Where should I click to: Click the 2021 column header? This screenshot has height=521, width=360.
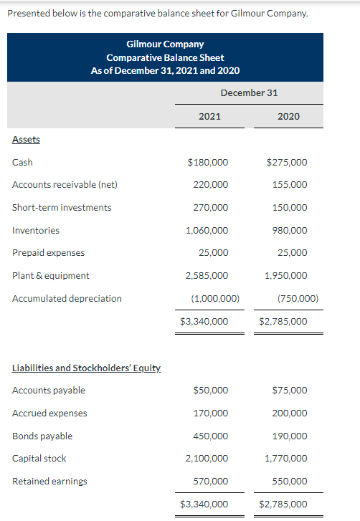(x=209, y=116)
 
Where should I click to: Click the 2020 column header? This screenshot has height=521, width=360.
(x=288, y=116)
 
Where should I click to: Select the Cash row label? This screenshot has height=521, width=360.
(x=22, y=162)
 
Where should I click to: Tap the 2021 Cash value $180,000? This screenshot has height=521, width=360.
(x=207, y=162)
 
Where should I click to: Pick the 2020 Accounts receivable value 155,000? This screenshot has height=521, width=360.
(x=290, y=185)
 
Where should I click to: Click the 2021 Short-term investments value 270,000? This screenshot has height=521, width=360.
(x=211, y=208)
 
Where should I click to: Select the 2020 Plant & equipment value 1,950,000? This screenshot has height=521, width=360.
(x=286, y=276)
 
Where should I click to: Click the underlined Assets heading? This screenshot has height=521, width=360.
(x=26, y=139)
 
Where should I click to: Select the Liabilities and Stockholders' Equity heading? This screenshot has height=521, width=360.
(x=87, y=368)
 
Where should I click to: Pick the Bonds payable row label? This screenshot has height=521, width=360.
(x=42, y=436)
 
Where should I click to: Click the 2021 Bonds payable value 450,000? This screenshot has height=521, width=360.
(x=211, y=436)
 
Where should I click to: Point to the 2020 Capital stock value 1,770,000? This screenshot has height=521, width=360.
(x=286, y=459)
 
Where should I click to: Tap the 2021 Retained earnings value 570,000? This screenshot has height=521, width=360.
(x=211, y=482)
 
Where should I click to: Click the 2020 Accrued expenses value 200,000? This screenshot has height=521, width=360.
(x=290, y=414)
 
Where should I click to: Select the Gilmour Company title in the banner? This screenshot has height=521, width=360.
(x=165, y=44)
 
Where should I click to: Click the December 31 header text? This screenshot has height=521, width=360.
(x=249, y=92)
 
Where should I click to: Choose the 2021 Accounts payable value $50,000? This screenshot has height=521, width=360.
(x=211, y=391)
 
